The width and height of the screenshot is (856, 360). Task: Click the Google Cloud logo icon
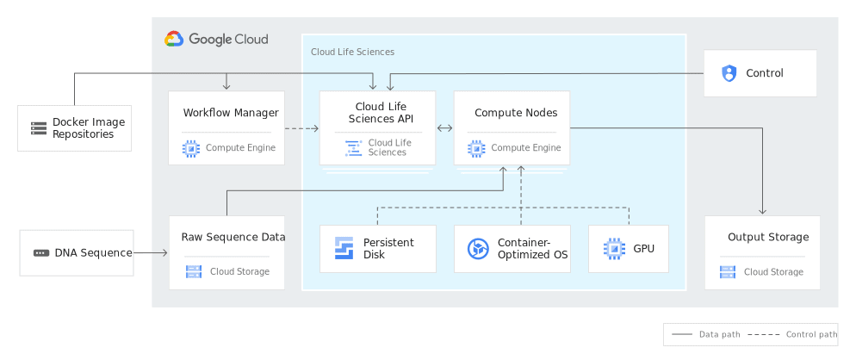click(174, 39)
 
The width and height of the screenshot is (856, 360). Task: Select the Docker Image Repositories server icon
click(39, 128)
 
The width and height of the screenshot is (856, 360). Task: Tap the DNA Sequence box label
click(93, 253)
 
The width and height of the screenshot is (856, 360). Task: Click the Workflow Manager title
click(231, 113)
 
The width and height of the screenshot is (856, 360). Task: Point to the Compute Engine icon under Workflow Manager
click(191, 148)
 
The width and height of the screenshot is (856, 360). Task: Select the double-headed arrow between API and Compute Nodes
click(445, 128)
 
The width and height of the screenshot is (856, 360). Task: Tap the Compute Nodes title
click(516, 113)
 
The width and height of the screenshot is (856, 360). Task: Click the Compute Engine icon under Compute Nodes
click(476, 148)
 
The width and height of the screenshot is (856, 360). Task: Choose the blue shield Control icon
click(729, 73)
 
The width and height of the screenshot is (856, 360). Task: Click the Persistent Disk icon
click(344, 249)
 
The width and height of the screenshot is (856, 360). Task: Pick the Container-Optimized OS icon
click(478, 249)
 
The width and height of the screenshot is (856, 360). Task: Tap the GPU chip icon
click(613, 249)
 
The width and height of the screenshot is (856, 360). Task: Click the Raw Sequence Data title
click(233, 237)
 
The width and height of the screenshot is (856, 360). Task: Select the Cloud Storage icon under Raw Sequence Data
click(195, 272)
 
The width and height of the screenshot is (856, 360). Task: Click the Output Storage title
click(768, 237)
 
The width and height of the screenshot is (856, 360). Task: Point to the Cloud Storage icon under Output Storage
click(729, 272)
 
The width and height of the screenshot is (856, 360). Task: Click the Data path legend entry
click(706, 334)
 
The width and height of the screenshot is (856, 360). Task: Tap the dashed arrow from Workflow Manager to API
click(301, 128)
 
